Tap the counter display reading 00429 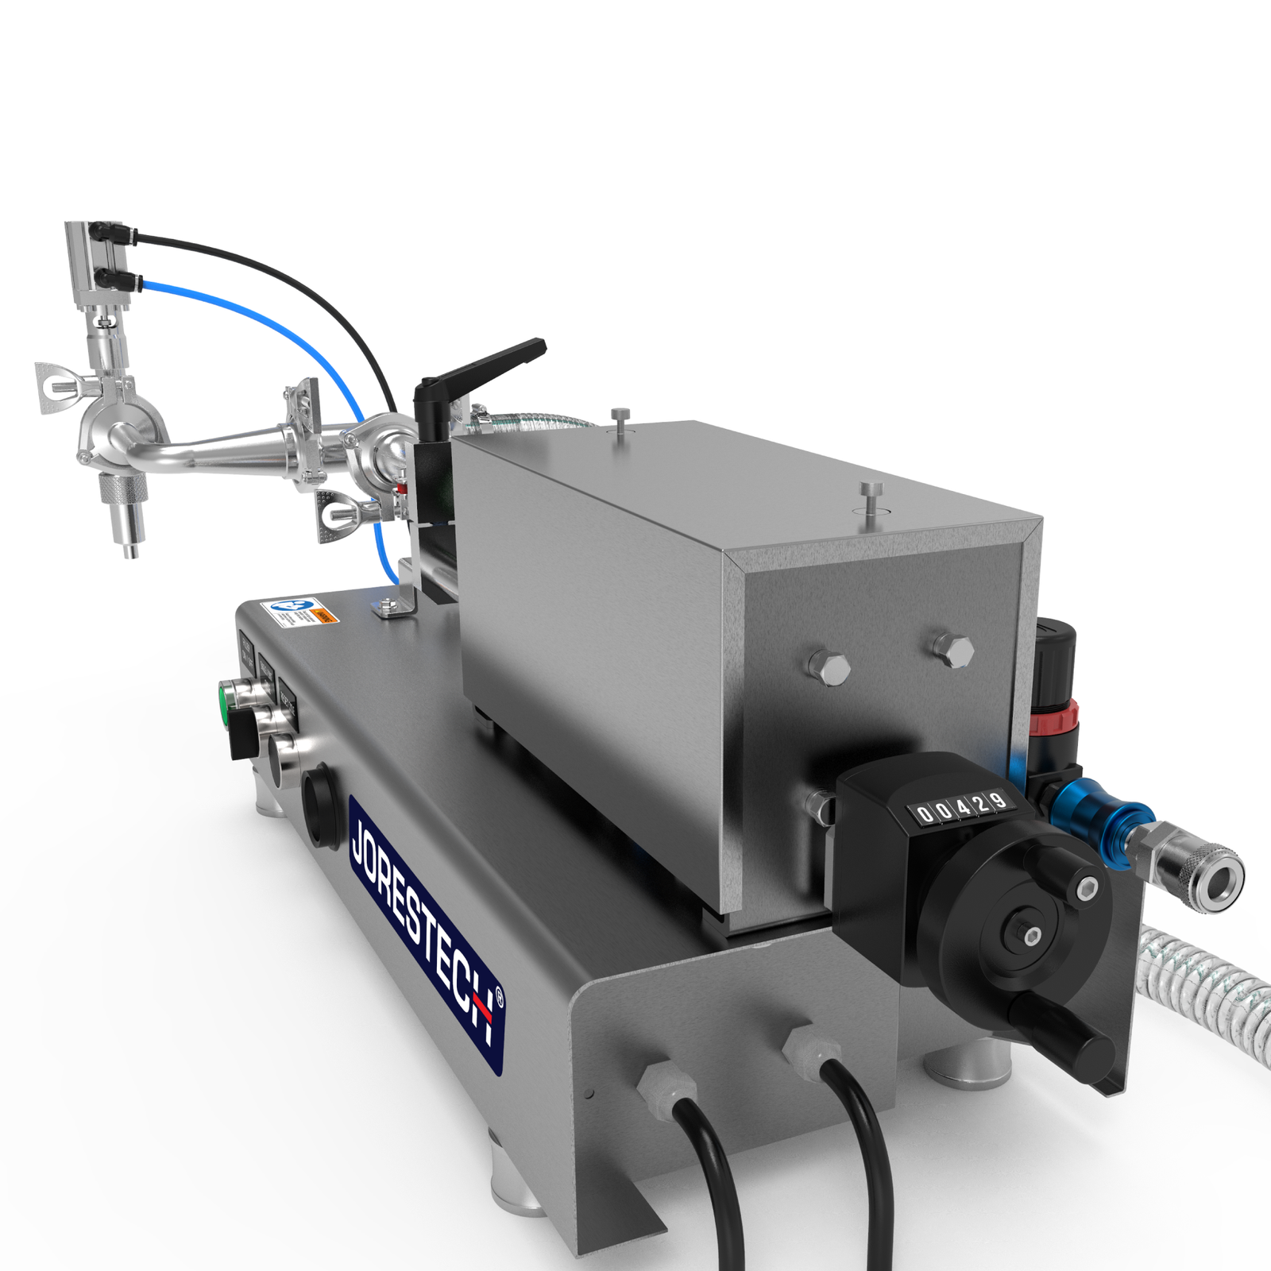point(962,808)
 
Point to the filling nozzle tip point(131,549)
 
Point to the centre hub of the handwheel point(1030,937)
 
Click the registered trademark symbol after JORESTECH point(499,998)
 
